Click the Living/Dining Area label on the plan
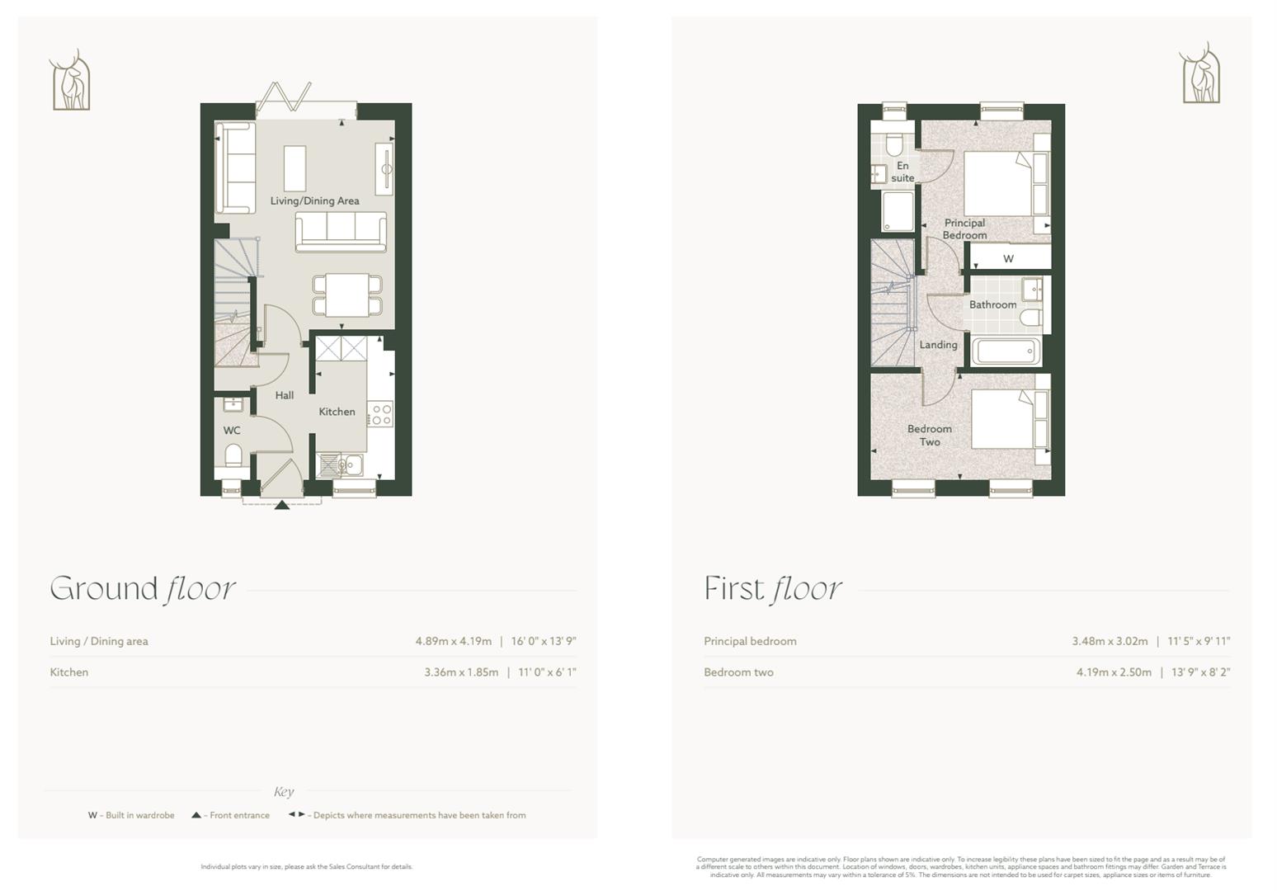pyautogui.click(x=314, y=200)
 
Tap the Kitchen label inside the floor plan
pyautogui.click(x=337, y=412)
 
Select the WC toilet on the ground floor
pyautogui.click(x=233, y=455)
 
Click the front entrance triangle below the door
pyautogui.click(x=282, y=504)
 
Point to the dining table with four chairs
pyautogui.click(x=347, y=295)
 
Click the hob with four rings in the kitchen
pyautogui.click(x=380, y=414)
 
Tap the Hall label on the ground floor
pyautogui.click(x=285, y=395)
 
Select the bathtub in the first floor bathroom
pyautogui.click(x=1006, y=351)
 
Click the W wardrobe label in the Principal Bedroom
pyautogui.click(x=1008, y=258)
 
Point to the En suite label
pyautogui.click(x=902, y=172)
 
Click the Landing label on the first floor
pyautogui.click(x=938, y=345)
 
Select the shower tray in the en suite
pyautogui.click(x=898, y=212)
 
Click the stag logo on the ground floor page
pyautogui.click(x=70, y=81)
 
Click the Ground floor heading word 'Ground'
pyautogui.click(x=104, y=589)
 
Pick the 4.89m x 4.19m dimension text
pyautogui.click(x=453, y=641)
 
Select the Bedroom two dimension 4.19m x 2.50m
pyautogui.click(x=1113, y=672)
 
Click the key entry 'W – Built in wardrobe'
pyautogui.click(x=131, y=815)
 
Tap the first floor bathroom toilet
pyautogui.click(x=1030, y=318)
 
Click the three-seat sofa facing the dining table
pyautogui.click(x=341, y=232)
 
